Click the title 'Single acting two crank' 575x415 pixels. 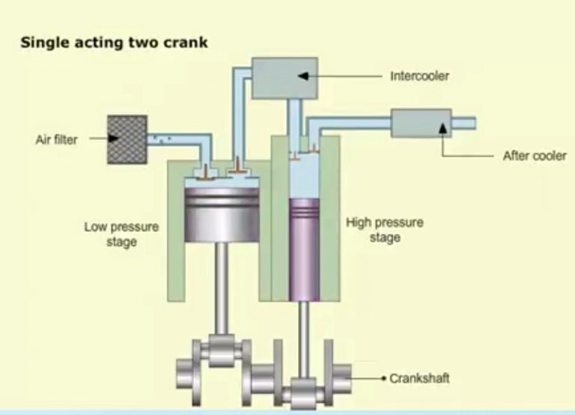[114, 43]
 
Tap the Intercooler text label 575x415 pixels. [420, 76]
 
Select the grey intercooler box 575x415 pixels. [285, 78]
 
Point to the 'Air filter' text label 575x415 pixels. [56, 139]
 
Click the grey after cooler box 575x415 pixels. [421, 124]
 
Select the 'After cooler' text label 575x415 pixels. [535, 157]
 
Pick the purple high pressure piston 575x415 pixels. [304, 247]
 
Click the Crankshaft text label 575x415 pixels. [419, 378]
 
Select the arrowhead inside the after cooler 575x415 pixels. [442, 129]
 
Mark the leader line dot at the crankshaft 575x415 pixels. [383, 378]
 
